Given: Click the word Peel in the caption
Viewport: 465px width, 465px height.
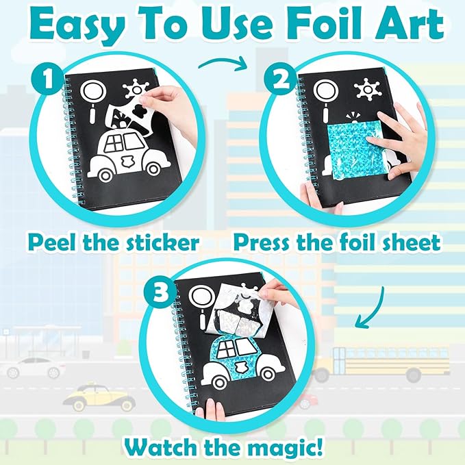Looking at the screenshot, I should [x=62, y=242].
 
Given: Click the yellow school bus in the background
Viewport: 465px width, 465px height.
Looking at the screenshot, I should [x=390, y=362].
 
